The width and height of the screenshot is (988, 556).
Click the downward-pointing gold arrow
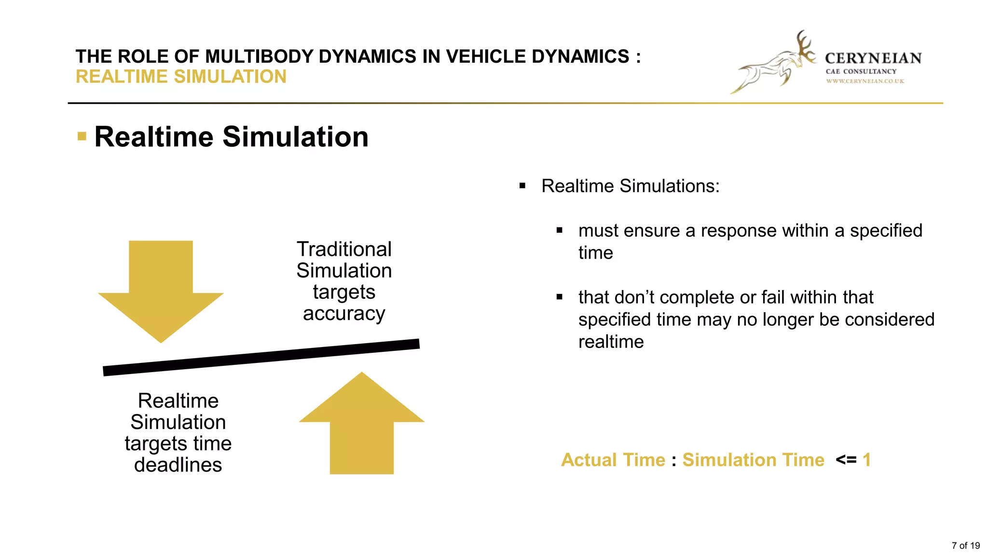[x=161, y=290]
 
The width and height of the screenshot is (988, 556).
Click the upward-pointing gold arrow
[x=362, y=425]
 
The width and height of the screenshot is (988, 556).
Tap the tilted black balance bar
[x=261, y=358]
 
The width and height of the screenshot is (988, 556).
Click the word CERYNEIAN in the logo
[x=873, y=58]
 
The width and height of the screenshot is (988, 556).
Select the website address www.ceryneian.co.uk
[x=865, y=81]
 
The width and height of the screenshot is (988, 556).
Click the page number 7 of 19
[x=965, y=546]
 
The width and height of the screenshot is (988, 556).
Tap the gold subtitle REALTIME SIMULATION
[x=181, y=77]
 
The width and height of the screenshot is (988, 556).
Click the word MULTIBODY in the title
[x=259, y=56]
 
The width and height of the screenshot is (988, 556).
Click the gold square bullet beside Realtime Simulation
[x=82, y=137]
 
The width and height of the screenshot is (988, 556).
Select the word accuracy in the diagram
[x=344, y=314]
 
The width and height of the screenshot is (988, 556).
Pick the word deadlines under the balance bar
[x=178, y=465]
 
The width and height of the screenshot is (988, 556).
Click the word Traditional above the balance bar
[x=344, y=250]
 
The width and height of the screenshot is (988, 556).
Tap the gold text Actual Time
[x=613, y=460]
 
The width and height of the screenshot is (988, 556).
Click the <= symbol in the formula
[x=846, y=460]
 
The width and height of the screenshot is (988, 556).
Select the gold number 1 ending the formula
[x=867, y=460]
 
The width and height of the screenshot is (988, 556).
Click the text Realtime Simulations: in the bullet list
[x=630, y=186]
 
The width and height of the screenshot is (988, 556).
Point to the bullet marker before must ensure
[x=560, y=231]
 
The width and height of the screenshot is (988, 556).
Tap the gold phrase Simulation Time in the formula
[x=753, y=460]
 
